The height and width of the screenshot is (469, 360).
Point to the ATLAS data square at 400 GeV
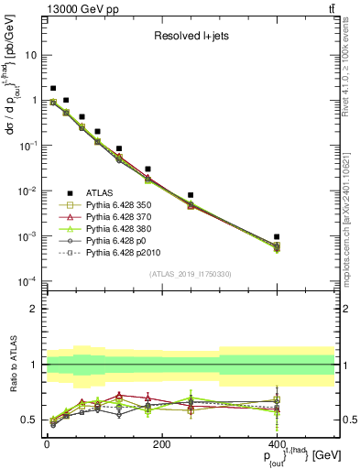coord(277,236)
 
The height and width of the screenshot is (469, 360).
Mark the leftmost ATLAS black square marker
coord(53,89)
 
